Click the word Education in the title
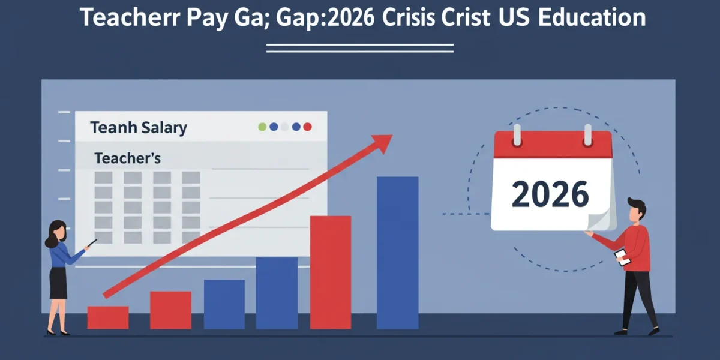[592, 17]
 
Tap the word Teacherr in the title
[130, 17]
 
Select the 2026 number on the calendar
[550, 194]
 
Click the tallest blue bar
[398, 253]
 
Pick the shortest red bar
[108, 317]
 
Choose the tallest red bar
[331, 272]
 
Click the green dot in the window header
[262, 127]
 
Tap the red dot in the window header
[308, 127]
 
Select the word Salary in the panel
[164, 128]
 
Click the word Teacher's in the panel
[128, 158]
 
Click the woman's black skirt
[58, 283]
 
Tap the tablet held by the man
[623, 258]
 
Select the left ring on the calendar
[517, 135]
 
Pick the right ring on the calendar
[588, 135]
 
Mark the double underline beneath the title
[360, 48]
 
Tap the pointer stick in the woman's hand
[92, 243]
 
